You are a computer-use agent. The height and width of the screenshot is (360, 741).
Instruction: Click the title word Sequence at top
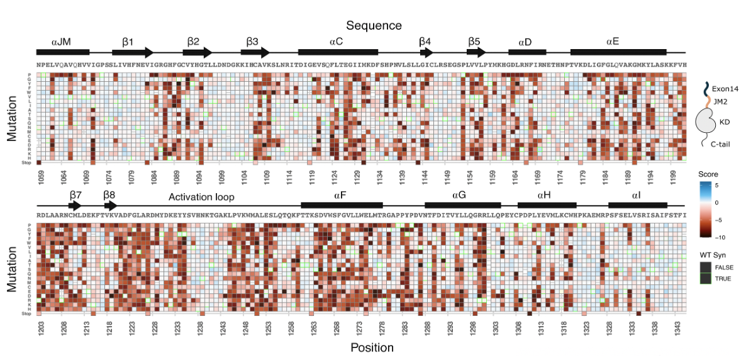(x=374, y=25)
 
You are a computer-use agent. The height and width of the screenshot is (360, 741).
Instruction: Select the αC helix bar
(x=338, y=53)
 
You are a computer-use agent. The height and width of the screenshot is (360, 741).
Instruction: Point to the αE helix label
(x=612, y=42)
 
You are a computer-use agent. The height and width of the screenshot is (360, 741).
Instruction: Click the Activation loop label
(x=201, y=197)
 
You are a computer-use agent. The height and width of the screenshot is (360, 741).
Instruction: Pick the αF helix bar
(x=342, y=205)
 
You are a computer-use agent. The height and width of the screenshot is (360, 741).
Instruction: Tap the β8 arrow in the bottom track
(x=111, y=205)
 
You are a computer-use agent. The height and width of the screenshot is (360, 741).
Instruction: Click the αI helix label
(x=637, y=196)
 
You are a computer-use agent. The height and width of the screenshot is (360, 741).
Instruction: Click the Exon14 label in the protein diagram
(x=723, y=87)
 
